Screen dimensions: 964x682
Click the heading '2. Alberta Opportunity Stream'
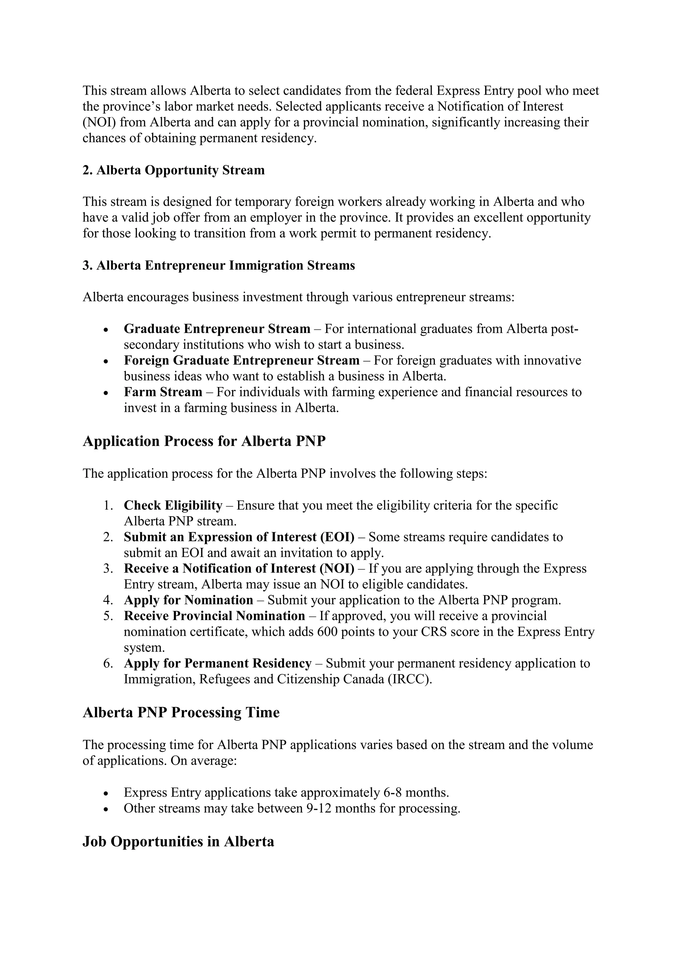tap(173, 170)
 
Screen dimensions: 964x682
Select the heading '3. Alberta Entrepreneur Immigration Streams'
tap(218, 265)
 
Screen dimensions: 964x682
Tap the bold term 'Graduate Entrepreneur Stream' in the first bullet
tap(217, 329)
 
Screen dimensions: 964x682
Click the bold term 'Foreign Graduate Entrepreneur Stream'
tap(241, 360)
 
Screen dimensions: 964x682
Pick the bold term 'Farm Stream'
tap(163, 392)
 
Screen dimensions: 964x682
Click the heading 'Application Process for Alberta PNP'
tap(204, 441)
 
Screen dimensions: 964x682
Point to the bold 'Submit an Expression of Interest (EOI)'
tap(238, 537)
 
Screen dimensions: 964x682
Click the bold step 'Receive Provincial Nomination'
tap(214, 616)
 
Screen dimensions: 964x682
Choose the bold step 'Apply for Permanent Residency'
tap(217, 663)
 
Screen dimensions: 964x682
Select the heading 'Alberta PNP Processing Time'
tap(181, 712)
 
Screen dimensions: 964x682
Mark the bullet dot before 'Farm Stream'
tap(106, 392)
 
